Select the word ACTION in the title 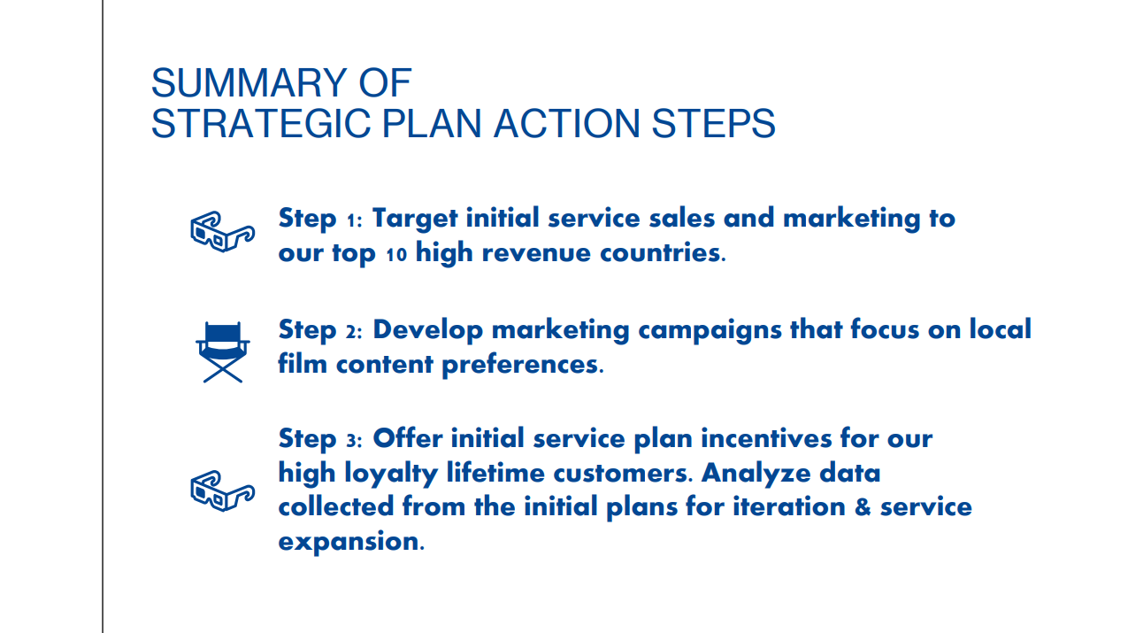[x=566, y=123]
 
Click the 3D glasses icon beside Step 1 [x=223, y=231]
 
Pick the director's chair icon [x=223, y=351]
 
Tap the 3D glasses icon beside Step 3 [x=223, y=490]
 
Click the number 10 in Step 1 [x=396, y=254]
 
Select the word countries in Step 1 [x=660, y=252]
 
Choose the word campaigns [x=710, y=331]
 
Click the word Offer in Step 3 [x=407, y=438]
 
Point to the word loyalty [x=391, y=475]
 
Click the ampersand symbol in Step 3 [x=863, y=507]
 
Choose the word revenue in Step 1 [x=536, y=253]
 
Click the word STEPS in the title [x=714, y=123]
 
